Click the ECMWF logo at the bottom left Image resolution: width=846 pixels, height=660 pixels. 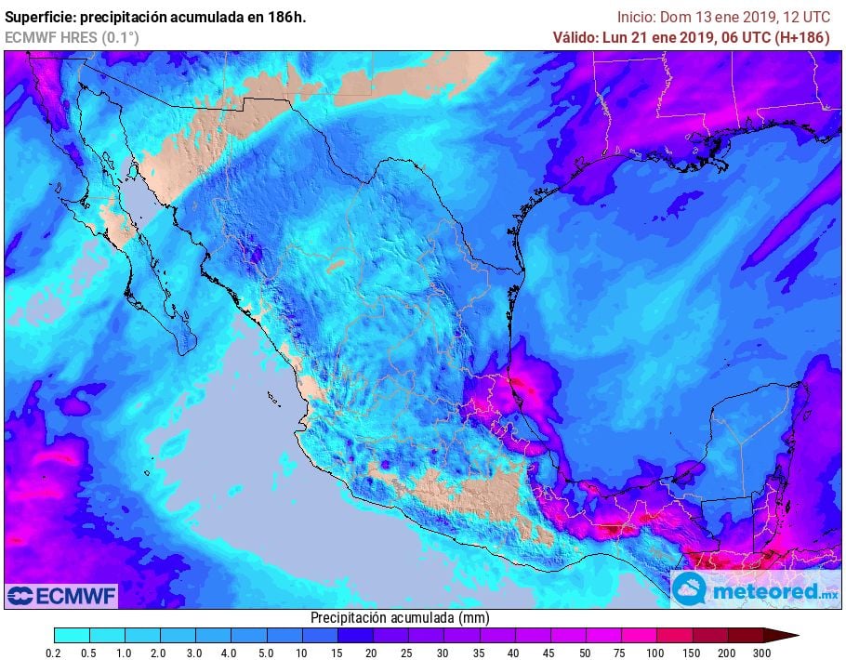point(61,595)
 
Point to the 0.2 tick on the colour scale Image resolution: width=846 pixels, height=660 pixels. point(55,653)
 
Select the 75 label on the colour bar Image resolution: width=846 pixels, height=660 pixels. point(620,653)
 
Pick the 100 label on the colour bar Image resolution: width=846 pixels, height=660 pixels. point(655,653)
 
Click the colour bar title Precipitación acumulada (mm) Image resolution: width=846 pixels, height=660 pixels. point(400,618)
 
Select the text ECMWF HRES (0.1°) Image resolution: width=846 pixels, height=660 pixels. point(72,37)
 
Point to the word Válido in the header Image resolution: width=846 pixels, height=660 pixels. point(575,37)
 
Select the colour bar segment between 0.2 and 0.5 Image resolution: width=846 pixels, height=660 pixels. point(73,636)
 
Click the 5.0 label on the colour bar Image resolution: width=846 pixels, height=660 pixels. point(266,653)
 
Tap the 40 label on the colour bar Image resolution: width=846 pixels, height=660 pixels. point(514,653)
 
